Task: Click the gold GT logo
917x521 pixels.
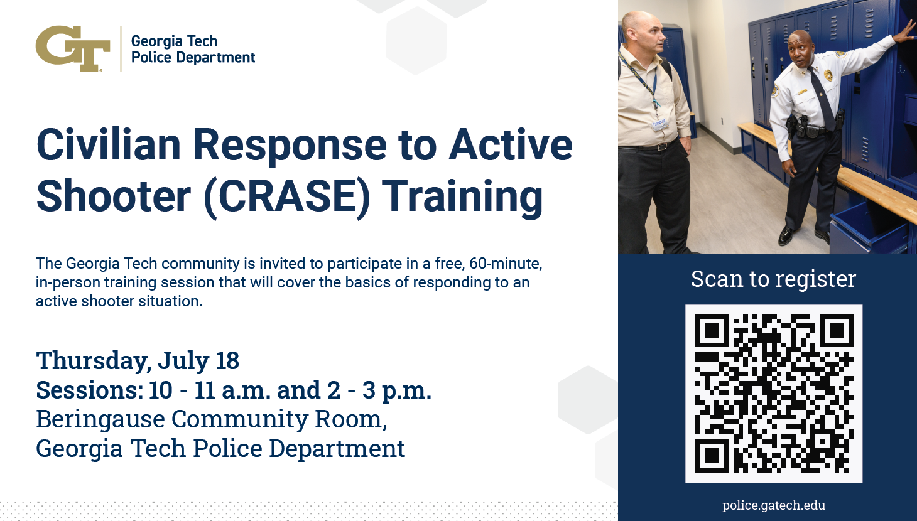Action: (73, 48)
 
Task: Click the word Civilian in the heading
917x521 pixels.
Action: (109, 144)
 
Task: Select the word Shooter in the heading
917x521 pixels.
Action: (114, 196)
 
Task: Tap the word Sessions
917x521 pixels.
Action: (90, 390)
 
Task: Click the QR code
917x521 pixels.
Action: (774, 394)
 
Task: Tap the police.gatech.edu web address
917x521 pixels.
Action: (774, 505)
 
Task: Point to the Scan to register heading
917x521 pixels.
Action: (773, 279)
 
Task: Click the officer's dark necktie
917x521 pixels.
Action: (822, 98)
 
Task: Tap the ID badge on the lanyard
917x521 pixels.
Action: (659, 124)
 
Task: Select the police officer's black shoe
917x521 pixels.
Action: (786, 235)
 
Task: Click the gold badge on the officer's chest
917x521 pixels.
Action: (828, 75)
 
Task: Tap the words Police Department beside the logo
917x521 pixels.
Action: (193, 58)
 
